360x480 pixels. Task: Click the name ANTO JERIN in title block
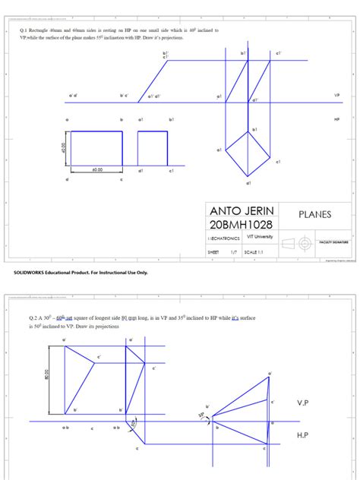pos(242,210)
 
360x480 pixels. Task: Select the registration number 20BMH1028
pos(242,225)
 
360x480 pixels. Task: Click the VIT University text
pos(258,238)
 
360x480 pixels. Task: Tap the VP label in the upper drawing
pos(336,96)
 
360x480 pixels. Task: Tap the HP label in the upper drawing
pos(336,119)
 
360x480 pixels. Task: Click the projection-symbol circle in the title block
pos(305,243)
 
